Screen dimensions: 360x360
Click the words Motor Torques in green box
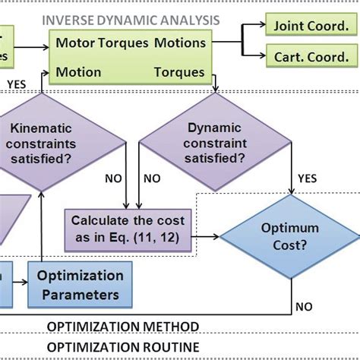click(102, 42)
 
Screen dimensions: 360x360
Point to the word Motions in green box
click(179, 42)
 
